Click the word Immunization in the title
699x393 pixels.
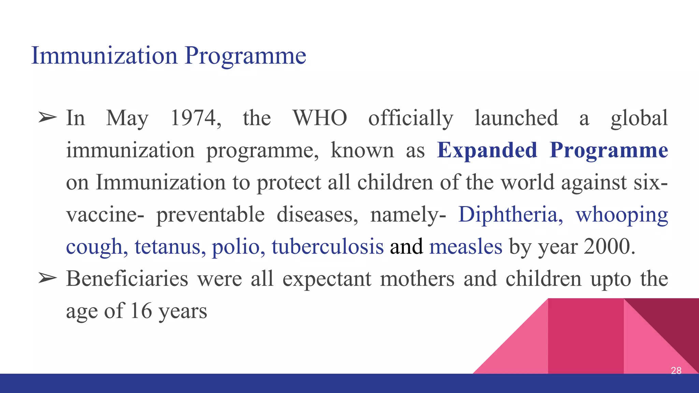click(x=104, y=55)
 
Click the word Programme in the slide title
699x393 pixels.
click(x=245, y=56)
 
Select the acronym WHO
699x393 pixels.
click(x=320, y=118)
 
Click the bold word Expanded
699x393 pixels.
click(x=487, y=150)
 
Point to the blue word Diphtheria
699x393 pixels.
click(x=510, y=215)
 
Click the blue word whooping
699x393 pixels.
click(x=622, y=215)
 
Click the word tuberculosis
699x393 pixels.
click(x=327, y=247)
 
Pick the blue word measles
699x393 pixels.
click(x=466, y=247)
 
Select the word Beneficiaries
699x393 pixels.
click(x=127, y=279)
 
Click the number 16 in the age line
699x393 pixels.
click(x=141, y=311)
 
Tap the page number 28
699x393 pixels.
click(x=676, y=370)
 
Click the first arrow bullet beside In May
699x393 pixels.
click(x=47, y=118)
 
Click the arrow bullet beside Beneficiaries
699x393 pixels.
click(x=47, y=278)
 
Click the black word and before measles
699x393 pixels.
click(x=406, y=247)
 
